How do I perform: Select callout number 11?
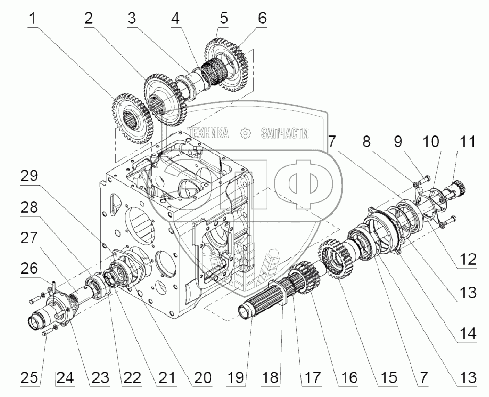coord(468,142)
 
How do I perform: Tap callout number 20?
coord(200,377)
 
